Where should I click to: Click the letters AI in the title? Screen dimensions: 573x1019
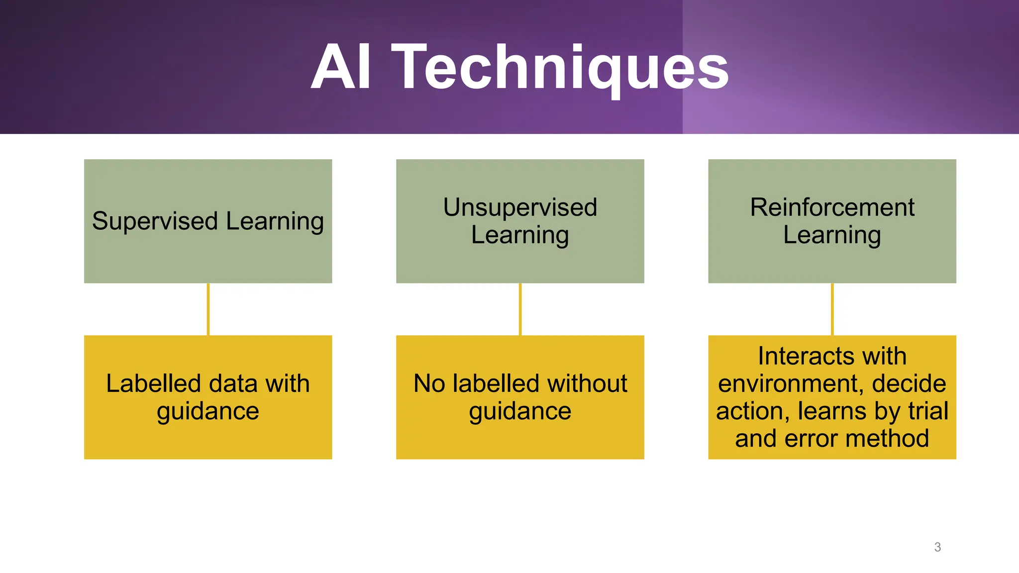tap(341, 67)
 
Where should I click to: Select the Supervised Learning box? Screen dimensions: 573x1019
tap(208, 221)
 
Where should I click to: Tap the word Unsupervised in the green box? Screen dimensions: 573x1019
tap(520, 207)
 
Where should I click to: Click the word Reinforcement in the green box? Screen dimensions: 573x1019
tap(832, 207)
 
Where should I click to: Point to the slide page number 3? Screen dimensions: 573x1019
tap(937, 547)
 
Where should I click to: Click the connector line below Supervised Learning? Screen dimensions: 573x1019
tap(208, 309)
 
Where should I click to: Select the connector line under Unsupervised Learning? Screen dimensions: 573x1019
tap(520, 309)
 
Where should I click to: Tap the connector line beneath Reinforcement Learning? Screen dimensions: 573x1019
tap(832, 309)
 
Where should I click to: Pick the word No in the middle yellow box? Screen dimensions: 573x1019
tap(429, 383)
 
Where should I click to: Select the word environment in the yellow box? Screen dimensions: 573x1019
tap(790, 384)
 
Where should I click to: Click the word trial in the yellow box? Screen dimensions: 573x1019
tap(928, 411)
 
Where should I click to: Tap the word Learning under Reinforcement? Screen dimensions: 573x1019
tap(832, 235)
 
